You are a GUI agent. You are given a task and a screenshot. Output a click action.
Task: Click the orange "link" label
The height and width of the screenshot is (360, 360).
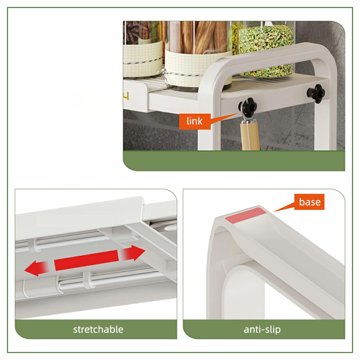click(193, 121)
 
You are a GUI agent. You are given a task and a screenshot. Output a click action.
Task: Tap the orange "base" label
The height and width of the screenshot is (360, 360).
click(310, 202)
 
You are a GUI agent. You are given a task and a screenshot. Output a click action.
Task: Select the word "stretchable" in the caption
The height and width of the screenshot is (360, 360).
click(98, 329)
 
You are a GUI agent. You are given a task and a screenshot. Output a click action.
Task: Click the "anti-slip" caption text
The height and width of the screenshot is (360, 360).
click(262, 329)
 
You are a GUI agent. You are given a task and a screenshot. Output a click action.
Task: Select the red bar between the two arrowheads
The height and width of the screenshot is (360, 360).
click(86, 261)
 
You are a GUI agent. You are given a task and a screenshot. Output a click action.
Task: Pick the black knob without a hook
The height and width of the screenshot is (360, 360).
click(316, 92)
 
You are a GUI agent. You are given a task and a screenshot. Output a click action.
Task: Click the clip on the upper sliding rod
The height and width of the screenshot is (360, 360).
click(32, 246)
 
